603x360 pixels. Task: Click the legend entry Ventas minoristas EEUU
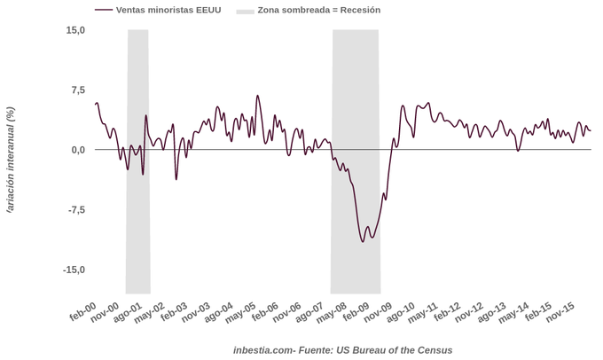tap(163, 11)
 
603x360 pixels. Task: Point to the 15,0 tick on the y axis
tap(75, 30)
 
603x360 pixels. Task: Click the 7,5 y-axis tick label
tap(78, 90)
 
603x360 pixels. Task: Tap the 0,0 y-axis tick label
tap(78, 150)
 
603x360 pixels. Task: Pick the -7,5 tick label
tap(76, 210)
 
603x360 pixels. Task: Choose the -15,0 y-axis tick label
tap(74, 270)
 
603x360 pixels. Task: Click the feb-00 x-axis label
tap(82, 311)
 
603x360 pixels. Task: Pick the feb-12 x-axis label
tap(446, 311)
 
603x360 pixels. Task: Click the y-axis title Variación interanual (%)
tap(11, 160)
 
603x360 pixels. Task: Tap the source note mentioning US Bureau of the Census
tap(342, 350)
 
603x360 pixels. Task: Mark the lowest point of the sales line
tap(363, 241)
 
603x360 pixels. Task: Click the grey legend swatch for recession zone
tap(245, 11)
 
